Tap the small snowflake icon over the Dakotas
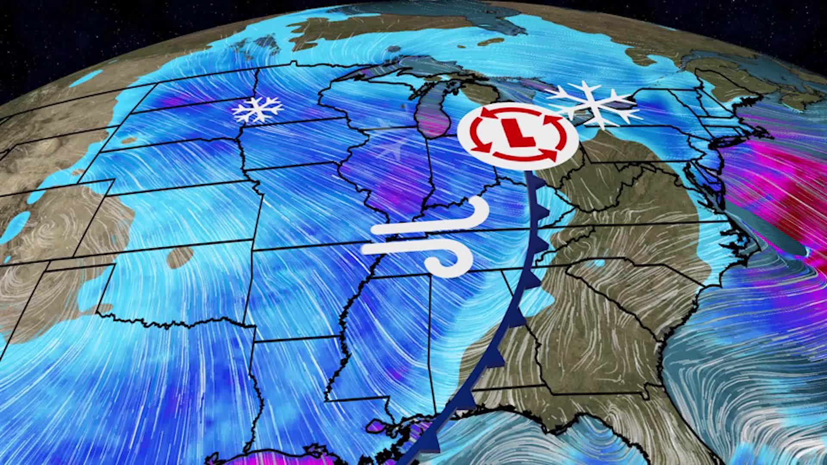pos(257,109)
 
